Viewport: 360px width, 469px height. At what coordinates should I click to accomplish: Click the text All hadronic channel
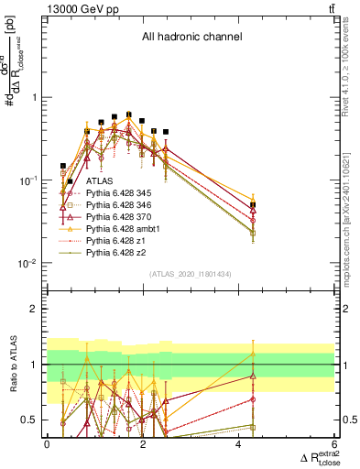tap(191, 38)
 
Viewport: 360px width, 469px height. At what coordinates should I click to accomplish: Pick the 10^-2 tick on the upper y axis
tap(27, 264)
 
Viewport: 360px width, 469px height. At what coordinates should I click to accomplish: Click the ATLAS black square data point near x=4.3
tap(253, 205)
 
